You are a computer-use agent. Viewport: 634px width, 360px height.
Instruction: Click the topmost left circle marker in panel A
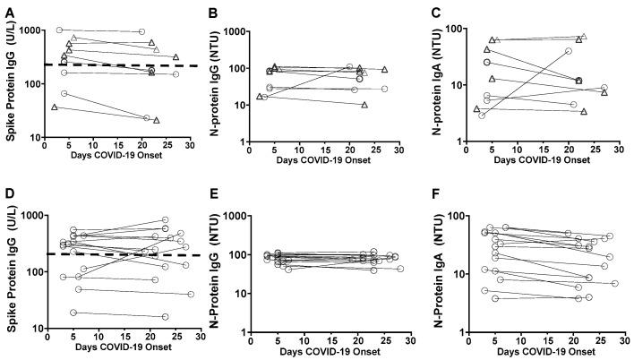click(x=60, y=30)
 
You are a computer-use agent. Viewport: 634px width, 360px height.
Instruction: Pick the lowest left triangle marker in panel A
click(x=56, y=107)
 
